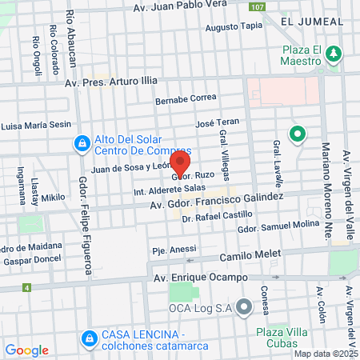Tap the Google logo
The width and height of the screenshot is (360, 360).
[27, 350]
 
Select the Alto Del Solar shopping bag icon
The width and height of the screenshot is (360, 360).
[81, 145]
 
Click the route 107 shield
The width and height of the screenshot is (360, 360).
[256, 6]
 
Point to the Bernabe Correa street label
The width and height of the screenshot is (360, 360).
[186, 98]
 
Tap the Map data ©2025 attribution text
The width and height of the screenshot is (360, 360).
[326, 354]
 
